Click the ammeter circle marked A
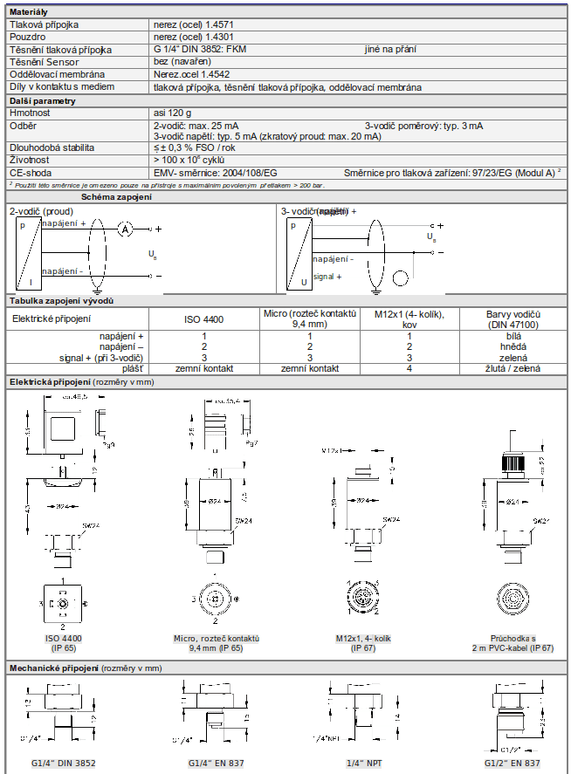click(x=125, y=229)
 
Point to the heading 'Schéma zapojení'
click(x=116, y=197)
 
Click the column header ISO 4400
click(x=203, y=320)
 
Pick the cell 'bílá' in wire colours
click(x=514, y=336)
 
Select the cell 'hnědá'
click(x=514, y=347)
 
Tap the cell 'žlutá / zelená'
click(x=514, y=369)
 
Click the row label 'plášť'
click(x=131, y=369)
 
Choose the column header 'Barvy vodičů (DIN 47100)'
click(x=514, y=319)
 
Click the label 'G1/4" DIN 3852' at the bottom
click(x=63, y=764)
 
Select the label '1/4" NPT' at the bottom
click(x=363, y=764)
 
